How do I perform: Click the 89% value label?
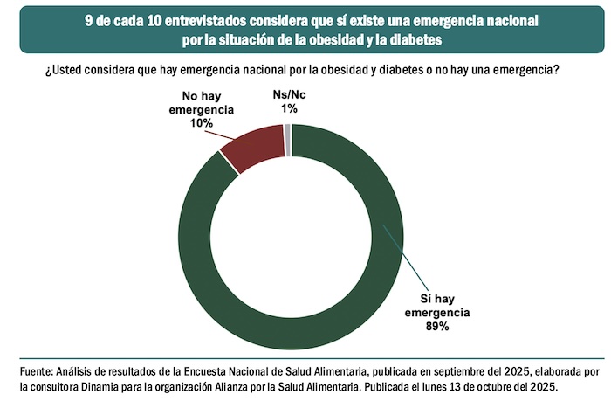tap(436, 326)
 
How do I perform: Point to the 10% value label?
tap(203, 124)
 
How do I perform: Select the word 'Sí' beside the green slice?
tap(417, 298)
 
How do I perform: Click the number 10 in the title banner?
tap(161, 18)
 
